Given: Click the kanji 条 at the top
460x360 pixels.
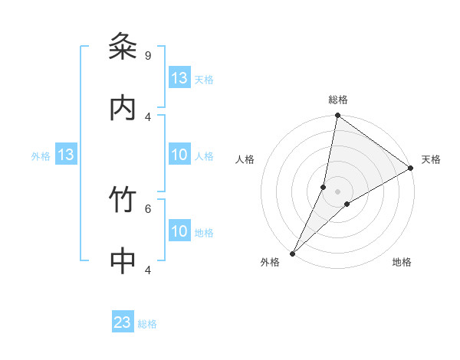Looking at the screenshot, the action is pyautogui.click(x=123, y=47).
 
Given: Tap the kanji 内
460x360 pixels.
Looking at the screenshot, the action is pyautogui.click(x=123, y=108).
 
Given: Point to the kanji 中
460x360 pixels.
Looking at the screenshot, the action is pyautogui.click(x=123, y=261).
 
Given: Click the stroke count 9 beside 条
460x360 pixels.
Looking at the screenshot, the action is pyautogui.click(x=147, y=55).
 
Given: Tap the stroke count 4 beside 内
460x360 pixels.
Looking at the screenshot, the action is pyautogui.click(x=147, y=116).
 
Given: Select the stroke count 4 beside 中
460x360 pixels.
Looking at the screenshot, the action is pyautogui.click(x=147, y=270).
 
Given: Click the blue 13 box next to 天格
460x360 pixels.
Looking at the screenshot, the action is pyautogui.click(x=179, y=78).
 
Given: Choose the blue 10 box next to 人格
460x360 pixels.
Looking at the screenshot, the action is pyautogui.click(x=179, y=155).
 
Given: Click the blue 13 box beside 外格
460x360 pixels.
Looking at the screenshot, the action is pyautogui.click(x=66, y=155).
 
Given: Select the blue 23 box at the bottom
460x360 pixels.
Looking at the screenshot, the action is pyautogui.click(x=123, y=323).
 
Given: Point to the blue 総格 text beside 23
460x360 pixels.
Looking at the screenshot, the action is pyautogui.click(x=147, y=324).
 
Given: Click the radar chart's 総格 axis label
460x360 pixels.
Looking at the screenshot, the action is pyautogui.click(x=338, y=100).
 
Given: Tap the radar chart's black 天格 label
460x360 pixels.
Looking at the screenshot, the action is pyautogui.click(x=431, y=159).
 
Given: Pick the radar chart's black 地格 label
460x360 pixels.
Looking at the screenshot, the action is pyautogui.click(x=402, y=262).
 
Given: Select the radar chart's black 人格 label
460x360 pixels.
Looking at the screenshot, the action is pyautogui.click(x=245, y=159).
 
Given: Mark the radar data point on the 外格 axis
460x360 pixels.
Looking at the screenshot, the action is pyautogui.click(x=292, y=253).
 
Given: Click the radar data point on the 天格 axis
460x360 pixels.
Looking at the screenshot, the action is pyautogui.click(x=411, y=168).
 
